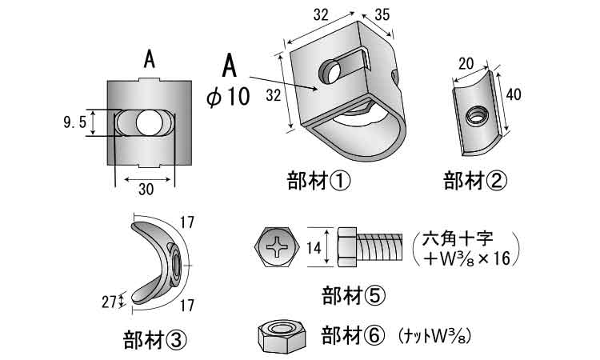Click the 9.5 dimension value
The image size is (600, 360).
tap(74, 122)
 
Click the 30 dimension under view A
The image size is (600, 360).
tap(145, 189)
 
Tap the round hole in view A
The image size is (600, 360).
tap(146, 122)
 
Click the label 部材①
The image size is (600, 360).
tap(318, 181)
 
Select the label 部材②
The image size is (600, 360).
tap(475, 181)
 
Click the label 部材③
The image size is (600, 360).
tap(155, 339)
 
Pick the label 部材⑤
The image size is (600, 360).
tap(353, 294)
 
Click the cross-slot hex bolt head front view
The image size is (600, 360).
tap(278, 248)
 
